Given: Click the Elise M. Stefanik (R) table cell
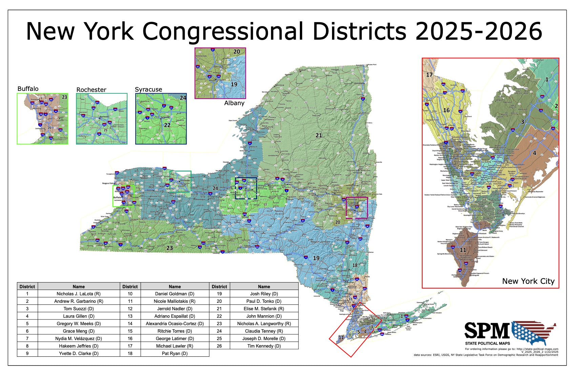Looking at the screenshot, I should tap(264, 309).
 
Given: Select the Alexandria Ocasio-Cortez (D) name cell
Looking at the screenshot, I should tap(175, 323).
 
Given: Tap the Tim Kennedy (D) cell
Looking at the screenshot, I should tap(264, 346).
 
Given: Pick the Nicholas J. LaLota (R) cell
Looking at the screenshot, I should tap(79, 294).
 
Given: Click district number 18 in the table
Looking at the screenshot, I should tap(130, 353).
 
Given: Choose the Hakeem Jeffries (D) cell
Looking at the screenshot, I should tap(79, 346).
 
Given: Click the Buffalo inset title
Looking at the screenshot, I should tap(28, 89).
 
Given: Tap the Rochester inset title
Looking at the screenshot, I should tap(91, 90).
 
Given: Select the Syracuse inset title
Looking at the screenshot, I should tap(148, 90).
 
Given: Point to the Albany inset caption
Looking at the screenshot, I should tap(234, 103).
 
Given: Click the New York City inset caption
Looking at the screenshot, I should tap(528, 281).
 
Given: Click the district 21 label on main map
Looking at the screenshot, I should tap(319, 135).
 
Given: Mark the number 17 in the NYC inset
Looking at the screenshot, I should tap(429, 75).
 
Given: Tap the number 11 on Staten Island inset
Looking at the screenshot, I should tap(463, 250).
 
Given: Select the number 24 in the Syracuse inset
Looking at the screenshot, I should tap(183, 98).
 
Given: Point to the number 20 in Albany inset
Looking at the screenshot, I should tap(236, 52).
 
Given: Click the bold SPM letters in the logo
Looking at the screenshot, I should tap(487, 331).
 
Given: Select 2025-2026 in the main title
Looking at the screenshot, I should tap(478, 31).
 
